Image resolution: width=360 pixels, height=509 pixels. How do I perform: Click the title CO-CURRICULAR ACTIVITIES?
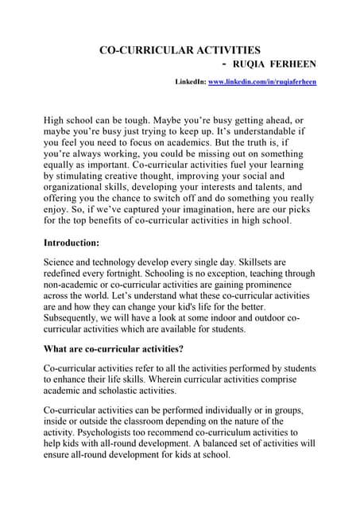(179, 50)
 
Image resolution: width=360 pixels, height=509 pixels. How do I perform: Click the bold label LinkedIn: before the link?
(190, 82)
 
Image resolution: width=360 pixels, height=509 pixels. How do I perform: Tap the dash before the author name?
(226, 64)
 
